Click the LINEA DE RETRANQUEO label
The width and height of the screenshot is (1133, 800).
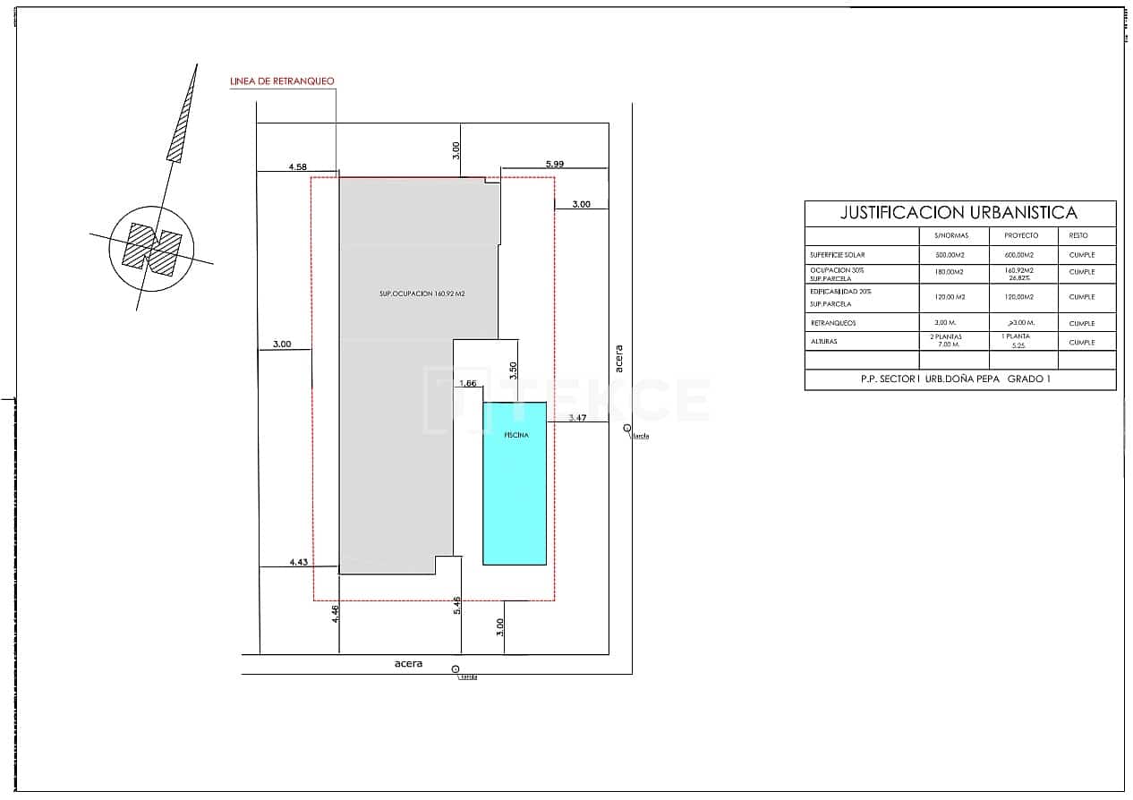[x=283, y=81]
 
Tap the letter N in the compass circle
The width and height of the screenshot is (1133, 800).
[x=151, y=248]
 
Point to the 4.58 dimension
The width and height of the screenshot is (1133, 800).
[x=298, y=166]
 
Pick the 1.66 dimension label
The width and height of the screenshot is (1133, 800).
[x=467, y=383]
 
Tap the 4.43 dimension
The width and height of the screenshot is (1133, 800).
[x=299, y=562]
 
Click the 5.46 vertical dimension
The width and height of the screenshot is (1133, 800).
[x=457, y=606]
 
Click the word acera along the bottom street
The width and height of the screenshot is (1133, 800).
[x=408, y=664]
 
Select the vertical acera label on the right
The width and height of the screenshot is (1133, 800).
[x=618, y=357]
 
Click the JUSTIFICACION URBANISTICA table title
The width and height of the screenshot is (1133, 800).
[x=958, y=213]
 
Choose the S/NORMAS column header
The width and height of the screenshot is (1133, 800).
[x=952, y=235]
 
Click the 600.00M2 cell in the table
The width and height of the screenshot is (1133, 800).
[x=1019, y=255]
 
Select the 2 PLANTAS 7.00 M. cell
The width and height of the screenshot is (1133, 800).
[x=952, y=341]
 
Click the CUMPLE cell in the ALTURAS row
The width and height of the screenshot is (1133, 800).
[x=1081, y=342]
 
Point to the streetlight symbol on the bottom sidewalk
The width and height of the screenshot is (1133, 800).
[x=456, y=669]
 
